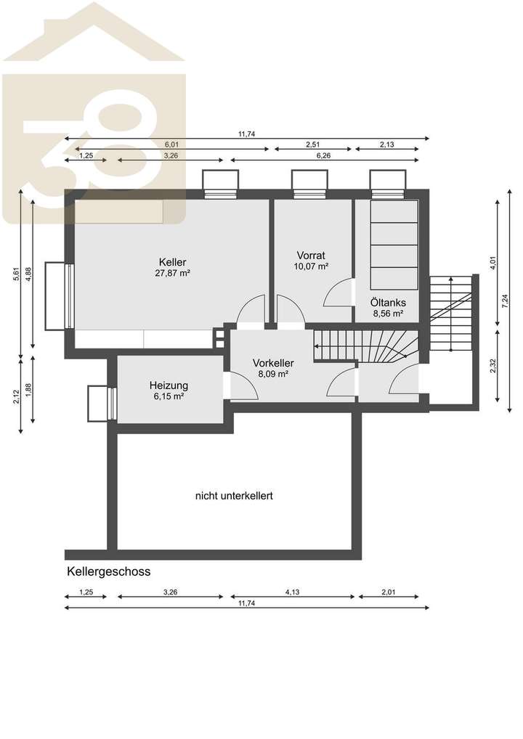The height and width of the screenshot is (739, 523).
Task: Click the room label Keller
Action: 173,262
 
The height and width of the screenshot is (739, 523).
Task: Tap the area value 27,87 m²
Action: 173,274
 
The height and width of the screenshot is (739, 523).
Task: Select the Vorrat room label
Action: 310,255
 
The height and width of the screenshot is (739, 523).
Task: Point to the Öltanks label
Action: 389,303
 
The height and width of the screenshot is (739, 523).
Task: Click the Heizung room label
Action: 169,385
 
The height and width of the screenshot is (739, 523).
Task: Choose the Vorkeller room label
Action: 273,363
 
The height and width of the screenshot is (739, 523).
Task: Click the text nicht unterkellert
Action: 234,497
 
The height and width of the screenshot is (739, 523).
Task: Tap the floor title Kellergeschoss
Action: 109,572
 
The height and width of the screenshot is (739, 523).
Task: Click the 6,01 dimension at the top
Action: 171,144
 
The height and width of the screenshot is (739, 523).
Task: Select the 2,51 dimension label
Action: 313,144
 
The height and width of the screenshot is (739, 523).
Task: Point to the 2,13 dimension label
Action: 386,144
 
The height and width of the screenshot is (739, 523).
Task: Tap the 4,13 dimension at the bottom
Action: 292,592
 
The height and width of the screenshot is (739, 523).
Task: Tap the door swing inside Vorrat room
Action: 336,294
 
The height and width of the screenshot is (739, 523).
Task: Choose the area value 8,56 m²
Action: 389,314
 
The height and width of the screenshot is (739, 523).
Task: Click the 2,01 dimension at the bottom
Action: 388,592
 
